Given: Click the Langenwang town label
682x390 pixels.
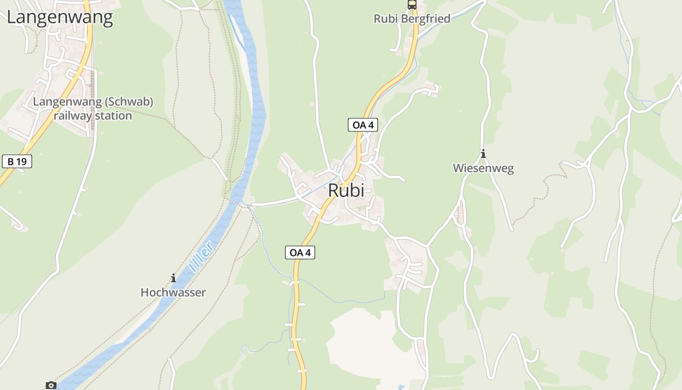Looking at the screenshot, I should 59,18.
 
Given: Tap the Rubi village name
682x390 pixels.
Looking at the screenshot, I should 346,190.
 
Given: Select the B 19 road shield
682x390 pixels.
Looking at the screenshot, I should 17,161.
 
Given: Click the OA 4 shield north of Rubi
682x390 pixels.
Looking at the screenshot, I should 363,125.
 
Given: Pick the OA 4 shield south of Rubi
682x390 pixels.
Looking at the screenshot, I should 300,253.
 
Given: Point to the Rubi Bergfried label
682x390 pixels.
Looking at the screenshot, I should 412,19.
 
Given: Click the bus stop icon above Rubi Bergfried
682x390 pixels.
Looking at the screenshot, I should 412,5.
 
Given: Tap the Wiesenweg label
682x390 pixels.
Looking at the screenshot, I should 483,168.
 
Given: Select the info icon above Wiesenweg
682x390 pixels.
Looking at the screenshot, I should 483,154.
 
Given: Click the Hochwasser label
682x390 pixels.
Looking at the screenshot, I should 173,292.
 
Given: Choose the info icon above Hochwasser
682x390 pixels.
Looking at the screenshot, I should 173,278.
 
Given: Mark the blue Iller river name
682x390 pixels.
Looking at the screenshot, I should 202,256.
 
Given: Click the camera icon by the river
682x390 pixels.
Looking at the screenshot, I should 51,385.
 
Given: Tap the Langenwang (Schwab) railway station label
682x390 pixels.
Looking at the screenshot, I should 93,109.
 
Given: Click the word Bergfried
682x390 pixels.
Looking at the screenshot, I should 430,19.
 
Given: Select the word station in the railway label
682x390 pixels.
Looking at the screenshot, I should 115,116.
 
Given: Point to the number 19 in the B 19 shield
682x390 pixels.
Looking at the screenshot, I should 21,161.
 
